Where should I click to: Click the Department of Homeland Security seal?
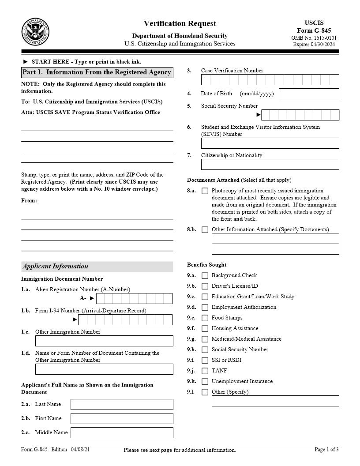coord(35,32)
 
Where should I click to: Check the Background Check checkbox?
coord(205,275)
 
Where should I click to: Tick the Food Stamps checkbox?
coord(205,318)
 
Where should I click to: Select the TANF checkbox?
coord(205,371)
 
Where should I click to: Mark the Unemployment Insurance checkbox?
coord(205,381)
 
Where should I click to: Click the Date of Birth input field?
coord(309,94)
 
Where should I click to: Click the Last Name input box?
coord(122,404)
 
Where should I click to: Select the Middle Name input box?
coord(122,432)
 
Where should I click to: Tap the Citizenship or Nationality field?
coord(270,164)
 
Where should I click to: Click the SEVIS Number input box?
coord(270,143)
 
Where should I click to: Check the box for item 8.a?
coord(205,191)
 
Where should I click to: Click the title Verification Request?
coord(180,23)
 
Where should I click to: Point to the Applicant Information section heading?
coord(55,266)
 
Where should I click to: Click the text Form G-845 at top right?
coord(314,30)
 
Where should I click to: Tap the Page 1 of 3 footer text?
coord(326,449)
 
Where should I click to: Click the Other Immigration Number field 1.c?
coord(104,341)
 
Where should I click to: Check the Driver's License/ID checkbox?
coord(205,286)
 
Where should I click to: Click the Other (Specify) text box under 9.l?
coord(275,401)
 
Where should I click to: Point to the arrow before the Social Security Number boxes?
coord(259,115)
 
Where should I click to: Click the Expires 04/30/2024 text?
coord(314,44)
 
